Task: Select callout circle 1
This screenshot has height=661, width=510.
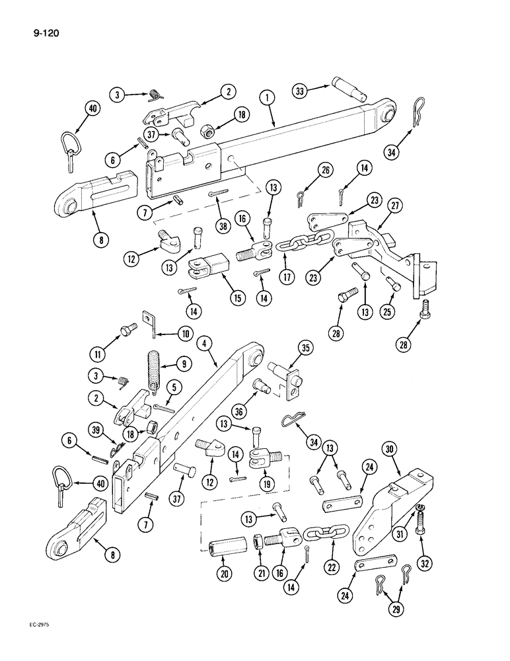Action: click(x=268, y=97)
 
